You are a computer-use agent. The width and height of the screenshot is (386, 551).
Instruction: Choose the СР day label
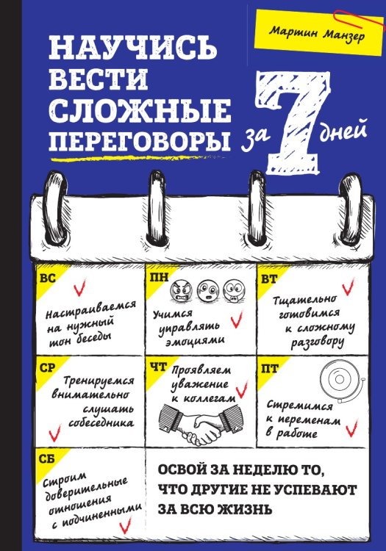click(x=47, y=365)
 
